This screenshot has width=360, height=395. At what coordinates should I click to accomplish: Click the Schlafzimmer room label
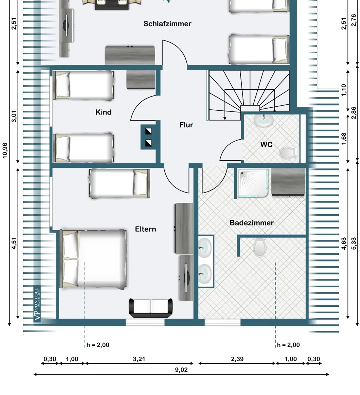(x=167, y=24)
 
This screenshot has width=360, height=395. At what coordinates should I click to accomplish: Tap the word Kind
(x=103, y=112)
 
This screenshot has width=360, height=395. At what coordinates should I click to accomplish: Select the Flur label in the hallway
(x=186, y=125)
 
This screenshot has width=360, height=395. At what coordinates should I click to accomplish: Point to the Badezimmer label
(x=252, y=223)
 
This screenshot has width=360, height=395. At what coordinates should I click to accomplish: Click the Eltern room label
(x=145, y=229)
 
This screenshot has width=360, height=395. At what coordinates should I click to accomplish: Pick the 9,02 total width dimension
(x=181, y=370)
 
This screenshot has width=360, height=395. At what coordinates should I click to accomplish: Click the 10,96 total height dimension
(x=5, y=151)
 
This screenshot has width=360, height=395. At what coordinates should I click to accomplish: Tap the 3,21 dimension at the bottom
(x=139, y=359)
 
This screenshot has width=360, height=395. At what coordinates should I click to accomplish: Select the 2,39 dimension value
(x=237, y=359)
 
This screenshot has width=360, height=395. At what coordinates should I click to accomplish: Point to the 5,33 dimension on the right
(x=354, y=243)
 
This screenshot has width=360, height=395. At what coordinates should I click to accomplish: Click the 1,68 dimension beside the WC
(x=344, y=139)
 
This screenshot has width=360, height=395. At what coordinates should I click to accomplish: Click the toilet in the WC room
(x=288, y=153)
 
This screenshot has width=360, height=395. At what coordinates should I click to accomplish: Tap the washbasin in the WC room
(x=264, y=121)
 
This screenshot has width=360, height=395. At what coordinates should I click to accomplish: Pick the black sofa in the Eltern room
(x=151, y=308)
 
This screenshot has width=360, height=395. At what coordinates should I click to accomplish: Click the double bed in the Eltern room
(x=93, y=258)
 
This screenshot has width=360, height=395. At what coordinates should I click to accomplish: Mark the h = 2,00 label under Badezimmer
(x=288, y=345)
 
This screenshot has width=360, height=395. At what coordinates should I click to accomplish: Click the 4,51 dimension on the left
(x=14, y=243)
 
